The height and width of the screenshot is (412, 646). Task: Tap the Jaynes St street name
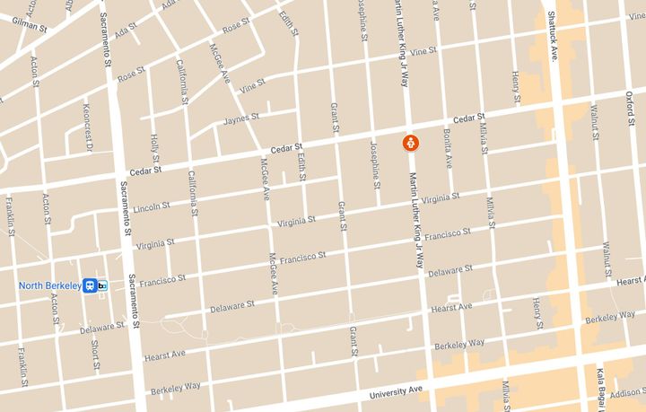coord(241,117)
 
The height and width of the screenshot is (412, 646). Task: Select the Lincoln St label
coord(151,206)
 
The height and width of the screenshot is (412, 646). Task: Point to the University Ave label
coord(395,393)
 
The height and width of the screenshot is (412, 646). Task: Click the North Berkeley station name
coord(48,285)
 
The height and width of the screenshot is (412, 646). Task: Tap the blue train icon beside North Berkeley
coord(90,285)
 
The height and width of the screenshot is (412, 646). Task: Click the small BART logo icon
coord(103,285)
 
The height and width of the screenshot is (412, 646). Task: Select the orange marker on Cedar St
coord(408,143)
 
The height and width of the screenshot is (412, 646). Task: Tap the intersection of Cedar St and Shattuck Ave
coord(559,106)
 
